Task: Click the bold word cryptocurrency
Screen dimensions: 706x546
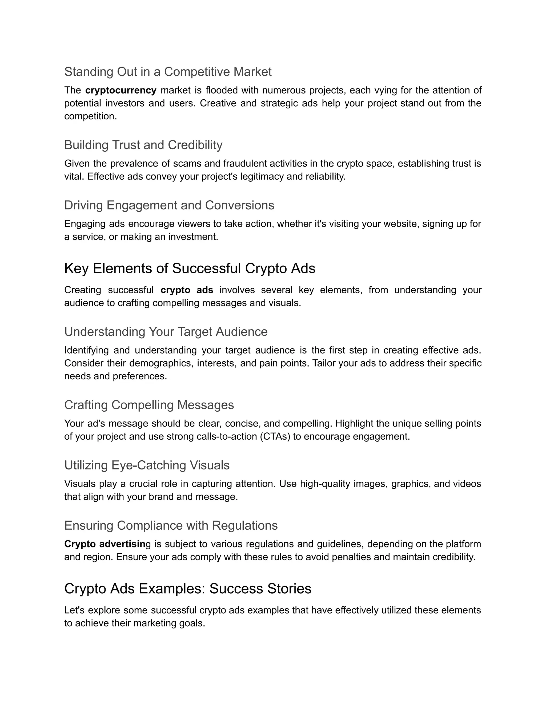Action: click(x=121, y=90)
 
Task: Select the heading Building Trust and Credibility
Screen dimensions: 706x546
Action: click(x=143, y=145)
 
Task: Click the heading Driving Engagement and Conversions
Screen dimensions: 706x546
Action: click(x=169, y=205)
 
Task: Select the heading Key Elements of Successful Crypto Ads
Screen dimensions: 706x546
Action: click(x=190, y=268)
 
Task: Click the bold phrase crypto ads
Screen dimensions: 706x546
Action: click(x=187, y=290)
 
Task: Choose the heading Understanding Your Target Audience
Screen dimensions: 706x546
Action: click(x=166, y=332)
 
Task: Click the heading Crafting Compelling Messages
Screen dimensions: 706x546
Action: click(x=149, y=405)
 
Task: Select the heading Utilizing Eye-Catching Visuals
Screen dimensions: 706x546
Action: click(x=147, y=465)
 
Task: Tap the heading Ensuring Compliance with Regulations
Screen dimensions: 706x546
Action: click(x=171, y=526)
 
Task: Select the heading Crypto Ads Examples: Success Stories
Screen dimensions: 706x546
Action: click(x=188, y=589)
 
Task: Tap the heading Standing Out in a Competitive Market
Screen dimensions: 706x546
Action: click(x=168, y=71)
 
